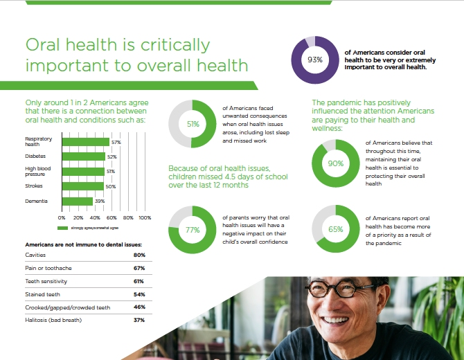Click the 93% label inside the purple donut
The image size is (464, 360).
click(x=315, y=60)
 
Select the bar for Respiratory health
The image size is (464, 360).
click(x=86, y=142)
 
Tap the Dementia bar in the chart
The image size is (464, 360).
click(x=78, y=201)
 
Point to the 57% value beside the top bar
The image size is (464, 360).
click(x=116, y=142)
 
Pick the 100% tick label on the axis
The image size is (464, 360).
click(x=144, y=217)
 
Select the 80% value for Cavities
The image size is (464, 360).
click(x=139, y=255)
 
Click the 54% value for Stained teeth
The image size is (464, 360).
click(x=139, y=294)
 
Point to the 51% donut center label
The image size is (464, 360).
click(x=193, y=125)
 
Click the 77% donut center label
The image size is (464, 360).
click(x=193, y=230)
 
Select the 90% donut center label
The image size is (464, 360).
click(x=336, y=163)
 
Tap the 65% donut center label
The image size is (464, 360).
click(x=336, y=229)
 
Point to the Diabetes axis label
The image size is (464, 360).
click(x=36, y=156)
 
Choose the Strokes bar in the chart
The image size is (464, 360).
click(x=82, y=186)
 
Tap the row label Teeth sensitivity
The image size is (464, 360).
click(x=49, y=281)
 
